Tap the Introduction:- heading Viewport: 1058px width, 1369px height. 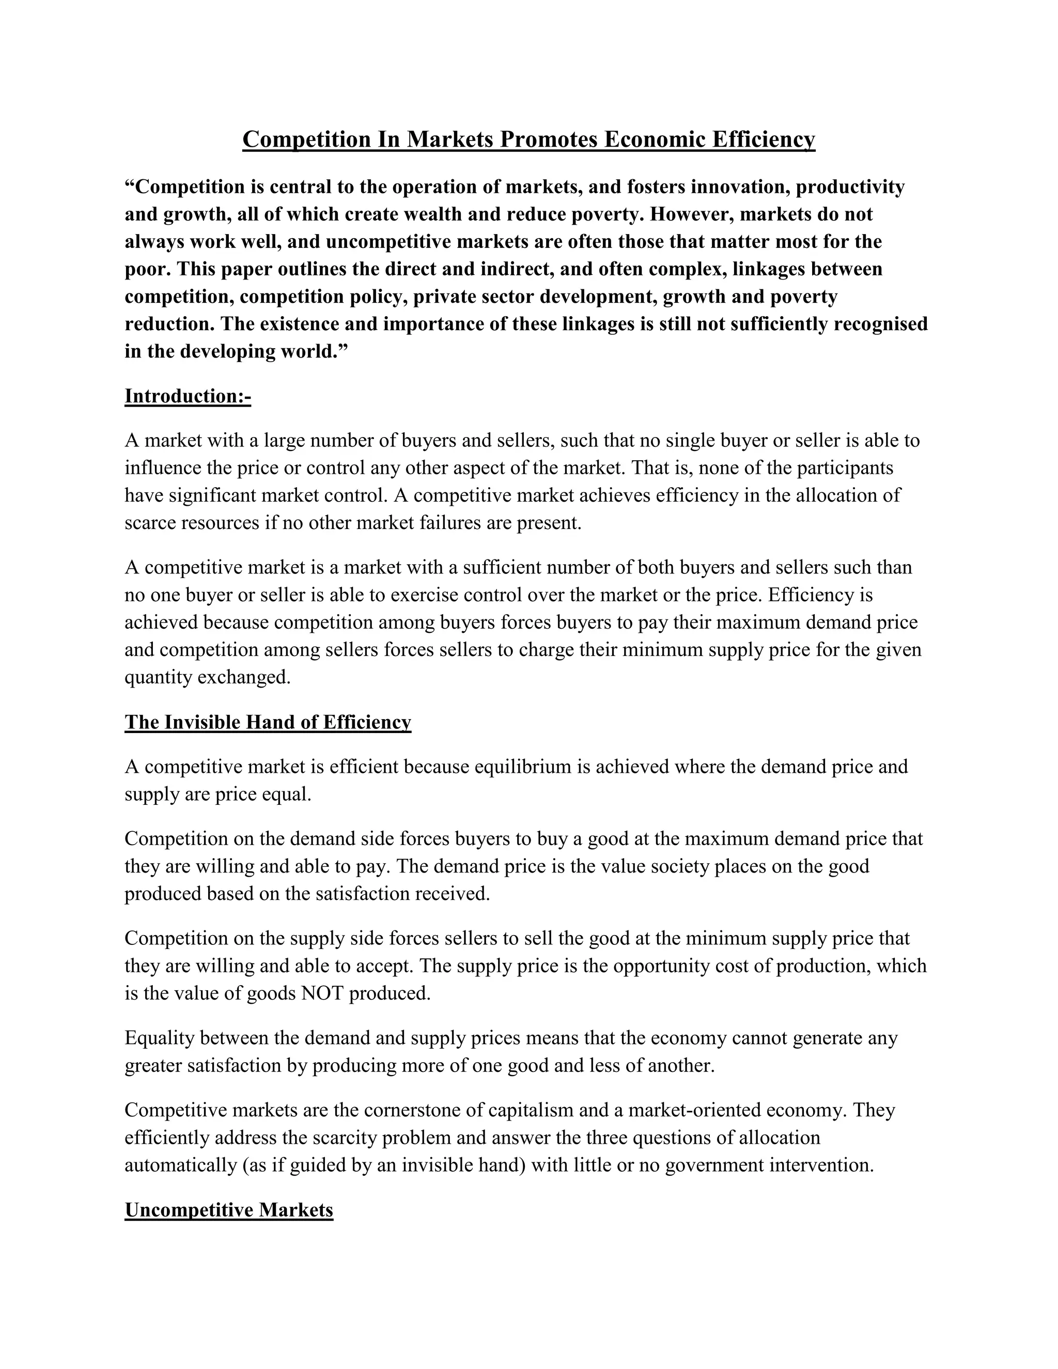point(188,396)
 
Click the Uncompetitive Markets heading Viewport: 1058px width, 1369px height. point(229,1210)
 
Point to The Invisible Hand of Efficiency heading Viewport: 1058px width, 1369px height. point(268,722)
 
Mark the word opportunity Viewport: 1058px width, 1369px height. point(660,966)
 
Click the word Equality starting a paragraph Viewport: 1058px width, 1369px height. point(160,1038)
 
